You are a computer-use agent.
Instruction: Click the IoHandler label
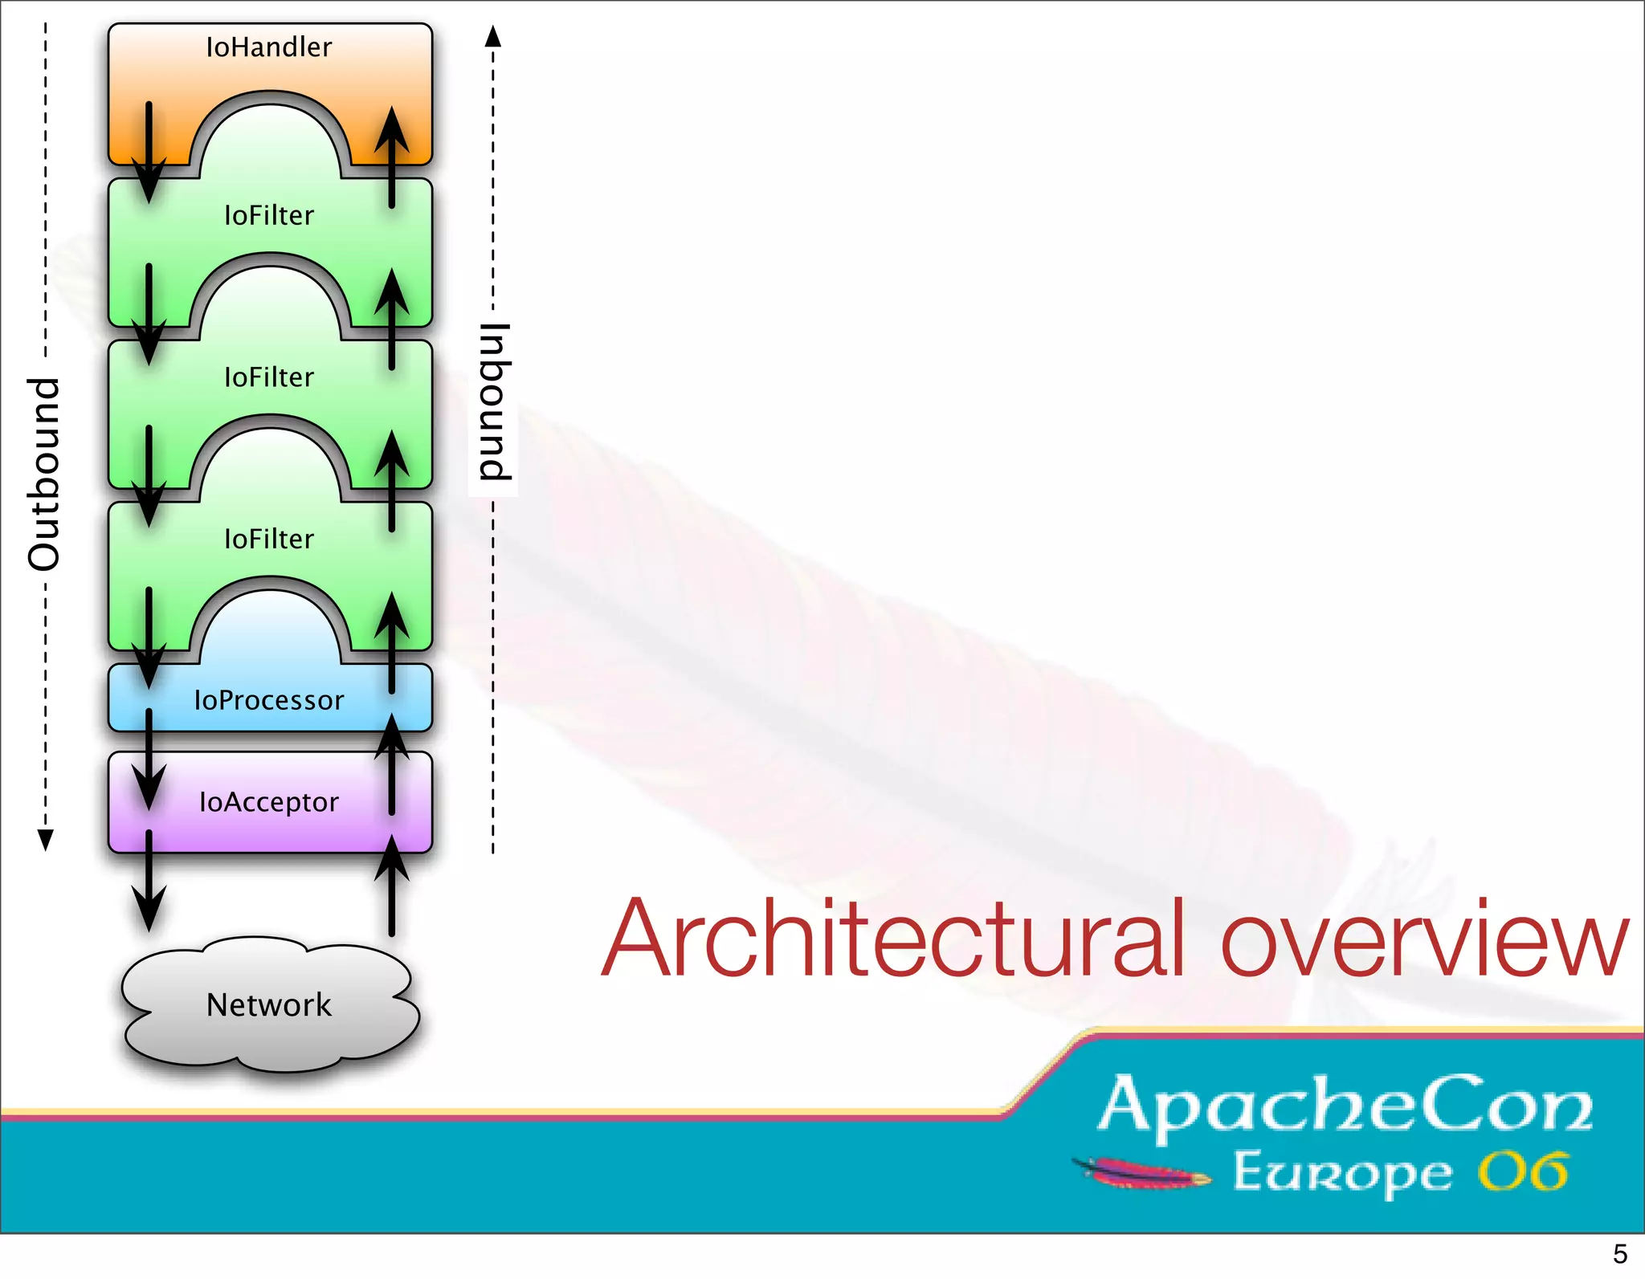coord(268,47)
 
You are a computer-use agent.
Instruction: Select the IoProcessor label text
coord(269,700)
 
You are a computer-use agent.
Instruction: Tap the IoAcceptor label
coord(269,802)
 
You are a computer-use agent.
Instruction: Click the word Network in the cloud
coord(269,1005)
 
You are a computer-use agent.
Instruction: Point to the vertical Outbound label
coord(44,474)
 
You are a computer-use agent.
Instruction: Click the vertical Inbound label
coord(494,401)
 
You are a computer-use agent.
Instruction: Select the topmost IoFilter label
coord(269,215)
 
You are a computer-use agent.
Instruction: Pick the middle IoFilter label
coord(269,377)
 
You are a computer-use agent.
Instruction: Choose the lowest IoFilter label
coord(269,539)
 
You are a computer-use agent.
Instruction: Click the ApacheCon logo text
coord(1345,1106)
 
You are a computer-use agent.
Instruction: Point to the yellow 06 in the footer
coord(1523,1172)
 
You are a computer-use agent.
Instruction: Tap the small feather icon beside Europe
coord(1141,1174)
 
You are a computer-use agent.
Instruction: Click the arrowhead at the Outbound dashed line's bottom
coord(46,841)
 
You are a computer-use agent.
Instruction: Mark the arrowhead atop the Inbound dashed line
coord(493,36)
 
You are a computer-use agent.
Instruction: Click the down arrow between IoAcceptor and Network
coord(149,883)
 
